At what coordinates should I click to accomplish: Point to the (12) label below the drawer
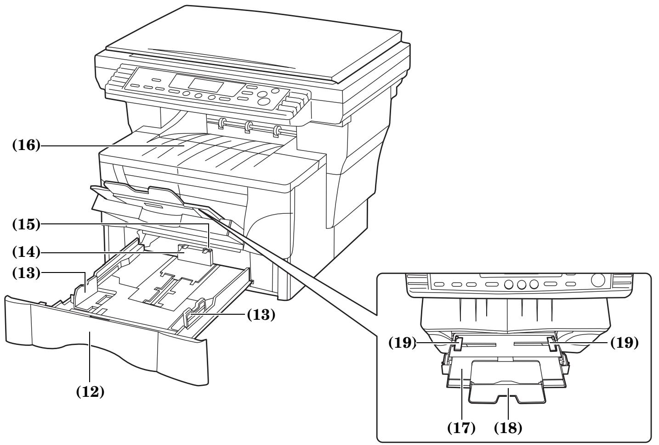89,393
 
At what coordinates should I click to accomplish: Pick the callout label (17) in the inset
461,428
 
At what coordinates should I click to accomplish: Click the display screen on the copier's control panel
205,85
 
